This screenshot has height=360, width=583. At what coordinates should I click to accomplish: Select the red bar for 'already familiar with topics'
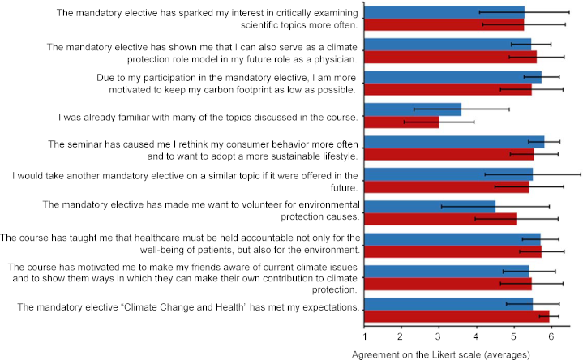[x=401, y=122]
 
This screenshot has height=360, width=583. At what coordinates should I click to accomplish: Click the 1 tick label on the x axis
[x=365, y=336]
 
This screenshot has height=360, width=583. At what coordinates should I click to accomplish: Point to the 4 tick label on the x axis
[x=476, y=336]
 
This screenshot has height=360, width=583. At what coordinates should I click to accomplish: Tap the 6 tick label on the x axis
[x=551, y=336]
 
